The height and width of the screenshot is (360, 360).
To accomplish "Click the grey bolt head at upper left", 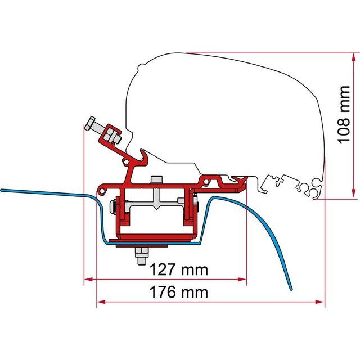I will pyautogui.click(x=91, y=124).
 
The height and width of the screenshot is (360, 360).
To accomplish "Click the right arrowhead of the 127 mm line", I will pyautogui.click(x=244, y=278).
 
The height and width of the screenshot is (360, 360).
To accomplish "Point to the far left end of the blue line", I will pyautogui.click(x=2, y=190).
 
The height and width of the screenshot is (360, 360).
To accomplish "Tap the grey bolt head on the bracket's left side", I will pyautogui.click(x=114, y=206).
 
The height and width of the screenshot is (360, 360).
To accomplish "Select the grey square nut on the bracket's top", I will pyautogui.click(x=156, y=180).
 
